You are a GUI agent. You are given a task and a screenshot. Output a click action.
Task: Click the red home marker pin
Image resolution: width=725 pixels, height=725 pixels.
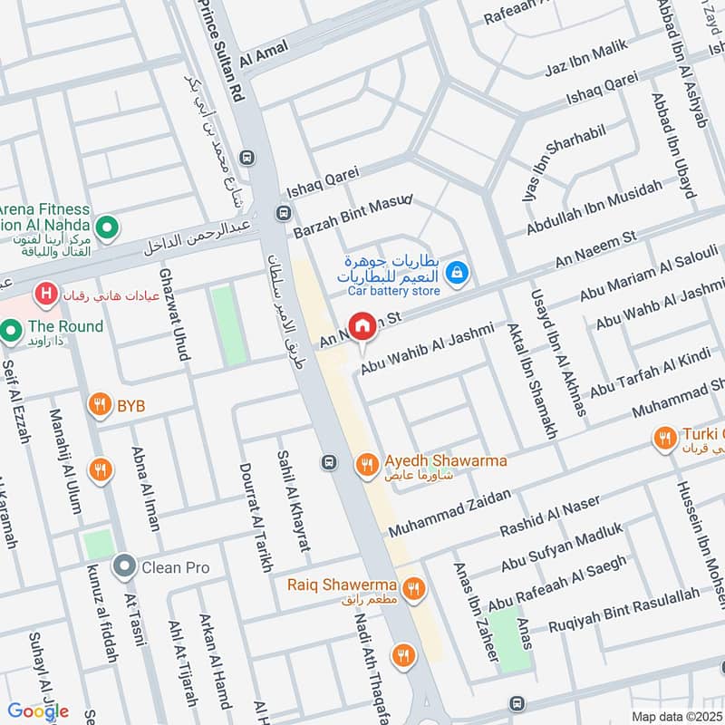362,325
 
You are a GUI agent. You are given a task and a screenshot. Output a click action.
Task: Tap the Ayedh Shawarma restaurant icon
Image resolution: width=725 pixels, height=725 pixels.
366,465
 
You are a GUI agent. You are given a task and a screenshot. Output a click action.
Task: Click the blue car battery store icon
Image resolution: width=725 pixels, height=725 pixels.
459,271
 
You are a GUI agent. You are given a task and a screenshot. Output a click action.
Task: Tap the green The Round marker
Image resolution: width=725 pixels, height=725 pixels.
12,331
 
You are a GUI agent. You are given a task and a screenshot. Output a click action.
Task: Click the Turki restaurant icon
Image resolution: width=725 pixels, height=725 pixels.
665,439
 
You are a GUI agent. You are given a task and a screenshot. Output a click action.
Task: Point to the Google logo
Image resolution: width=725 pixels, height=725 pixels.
38,710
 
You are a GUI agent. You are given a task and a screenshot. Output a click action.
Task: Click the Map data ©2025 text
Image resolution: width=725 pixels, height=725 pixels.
675,716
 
